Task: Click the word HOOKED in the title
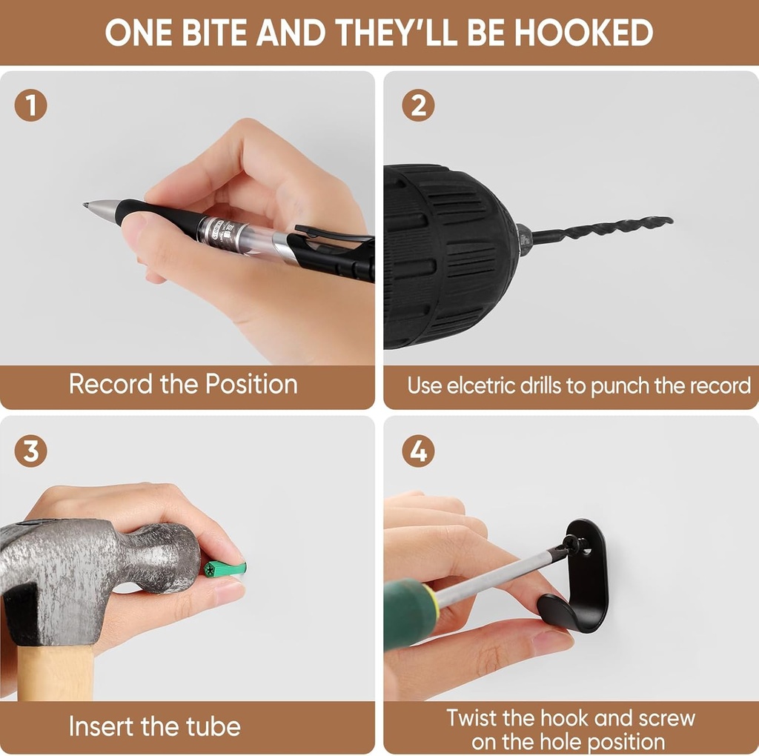tap(583, 33)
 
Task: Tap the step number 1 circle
tap(31, 105)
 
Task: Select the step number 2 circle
tap(418, 105)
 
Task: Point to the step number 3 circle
tap(31, 451)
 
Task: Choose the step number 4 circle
tap(418, 451)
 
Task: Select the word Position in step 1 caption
tap(251, 385)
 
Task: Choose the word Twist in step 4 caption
tap(473, 717)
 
